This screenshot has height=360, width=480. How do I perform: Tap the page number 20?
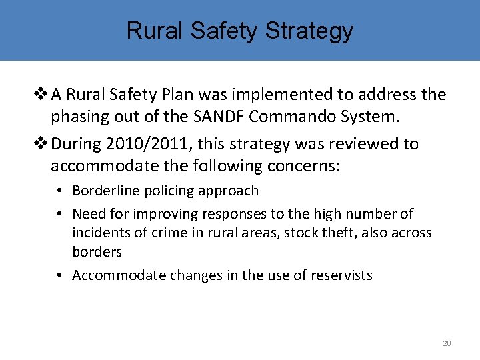(x=447, y=343)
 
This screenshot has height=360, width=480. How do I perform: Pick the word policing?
(x=164, y=191)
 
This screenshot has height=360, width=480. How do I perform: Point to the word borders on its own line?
(x=97, y=252)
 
